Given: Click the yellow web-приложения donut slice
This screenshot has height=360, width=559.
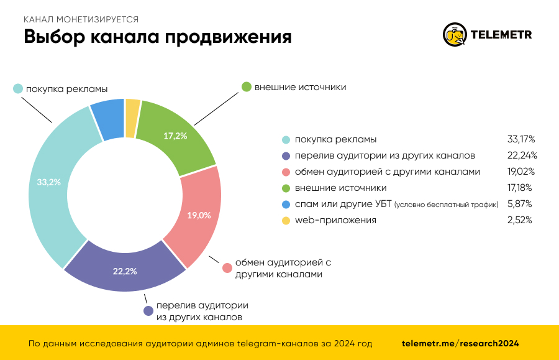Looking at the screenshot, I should pos(132,118).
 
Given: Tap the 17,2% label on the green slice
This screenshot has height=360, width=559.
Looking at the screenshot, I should pos(175,136).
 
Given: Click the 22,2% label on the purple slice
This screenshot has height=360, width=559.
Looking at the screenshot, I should pos(125,271).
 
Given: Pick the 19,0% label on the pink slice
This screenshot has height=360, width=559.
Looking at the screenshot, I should pos(199,216).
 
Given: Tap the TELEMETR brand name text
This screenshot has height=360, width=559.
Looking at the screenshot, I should pos(502,35).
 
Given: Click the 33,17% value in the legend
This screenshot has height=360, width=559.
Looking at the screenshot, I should pos(522,139).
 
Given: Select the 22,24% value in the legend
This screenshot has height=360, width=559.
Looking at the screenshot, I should pos(522,155).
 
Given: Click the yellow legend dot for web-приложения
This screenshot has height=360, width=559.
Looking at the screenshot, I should pos(286,220).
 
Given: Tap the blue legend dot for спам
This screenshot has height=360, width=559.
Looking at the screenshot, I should pos(286,204).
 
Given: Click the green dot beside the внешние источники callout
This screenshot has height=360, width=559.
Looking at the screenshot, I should pos(246,87).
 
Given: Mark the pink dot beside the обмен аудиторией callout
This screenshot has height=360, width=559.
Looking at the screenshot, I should pos(227,268).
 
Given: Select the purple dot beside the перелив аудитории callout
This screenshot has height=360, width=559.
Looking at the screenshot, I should pos(148,311).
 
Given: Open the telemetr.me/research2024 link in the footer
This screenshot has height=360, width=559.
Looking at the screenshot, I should pos(460,343).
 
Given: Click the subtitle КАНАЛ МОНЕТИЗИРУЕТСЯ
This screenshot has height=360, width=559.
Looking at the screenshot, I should pos(81,19).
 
